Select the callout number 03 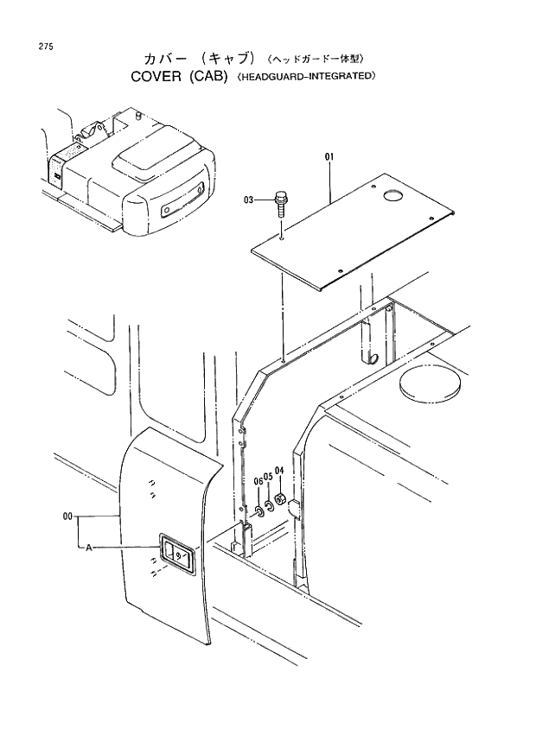pos(250,200)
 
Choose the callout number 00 pos(67,516)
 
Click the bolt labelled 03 pos(279,204)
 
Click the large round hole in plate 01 pos(392,198)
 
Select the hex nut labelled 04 pos(280,498)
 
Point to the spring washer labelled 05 pos(269,504)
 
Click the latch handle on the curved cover pos(176,554)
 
